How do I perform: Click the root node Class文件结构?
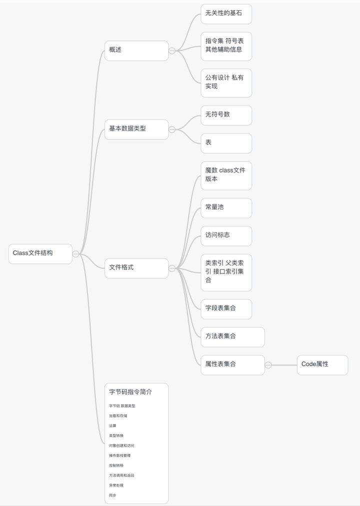40,253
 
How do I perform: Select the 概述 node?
136,50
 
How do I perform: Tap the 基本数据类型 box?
136,129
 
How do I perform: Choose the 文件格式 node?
136,268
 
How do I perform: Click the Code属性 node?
322,364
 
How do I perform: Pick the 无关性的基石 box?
226,13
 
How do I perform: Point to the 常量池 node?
226,207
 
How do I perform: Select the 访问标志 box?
226,235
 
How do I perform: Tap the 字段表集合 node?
226,308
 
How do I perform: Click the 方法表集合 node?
232,336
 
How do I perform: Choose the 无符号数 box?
226,115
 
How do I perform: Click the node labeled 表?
226,143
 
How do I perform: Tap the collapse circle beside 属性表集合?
268,365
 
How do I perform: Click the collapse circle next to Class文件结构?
75,254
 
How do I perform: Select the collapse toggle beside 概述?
172,50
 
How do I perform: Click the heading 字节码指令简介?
130,392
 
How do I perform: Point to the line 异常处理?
116,485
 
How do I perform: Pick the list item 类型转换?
116,435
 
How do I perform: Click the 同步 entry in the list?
112,495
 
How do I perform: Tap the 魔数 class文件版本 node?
226,175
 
